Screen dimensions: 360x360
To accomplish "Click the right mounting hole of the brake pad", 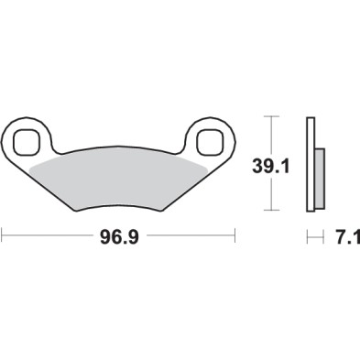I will tap(210, 141).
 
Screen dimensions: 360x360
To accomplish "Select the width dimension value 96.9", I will tap(119, 238).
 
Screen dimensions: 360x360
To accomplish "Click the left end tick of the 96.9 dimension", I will tap(3, 238).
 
